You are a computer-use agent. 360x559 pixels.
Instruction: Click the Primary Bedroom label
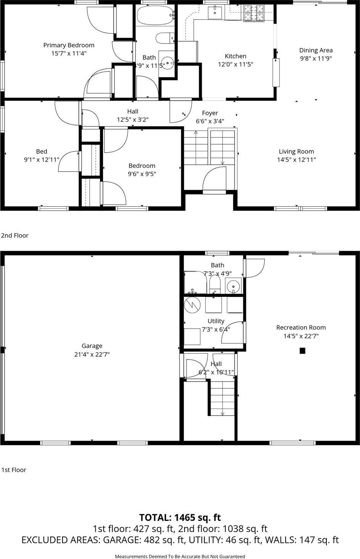(69, 45)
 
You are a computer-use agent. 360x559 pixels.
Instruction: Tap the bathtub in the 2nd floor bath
(155, 15)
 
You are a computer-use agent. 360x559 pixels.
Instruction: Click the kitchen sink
(215, 13)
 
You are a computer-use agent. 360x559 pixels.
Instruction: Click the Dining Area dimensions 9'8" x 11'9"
(316, 58)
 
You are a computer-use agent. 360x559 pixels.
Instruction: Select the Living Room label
(296, 151)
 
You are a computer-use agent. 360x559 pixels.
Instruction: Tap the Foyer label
(210, 113)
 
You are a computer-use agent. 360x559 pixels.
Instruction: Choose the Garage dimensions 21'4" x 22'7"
(92, 354)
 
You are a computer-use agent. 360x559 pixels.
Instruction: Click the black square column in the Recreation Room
(302, 351)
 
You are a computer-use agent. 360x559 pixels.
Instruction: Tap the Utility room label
(216, 321)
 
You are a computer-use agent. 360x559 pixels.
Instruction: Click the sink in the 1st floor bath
(233, 286)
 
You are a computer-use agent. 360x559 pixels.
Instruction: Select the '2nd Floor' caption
(15, 235)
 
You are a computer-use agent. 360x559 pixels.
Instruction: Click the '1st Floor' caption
(14, 470)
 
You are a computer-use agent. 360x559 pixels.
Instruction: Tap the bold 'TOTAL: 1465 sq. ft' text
(180, 517)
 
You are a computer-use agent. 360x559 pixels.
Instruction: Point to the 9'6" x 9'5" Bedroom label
(142, 166)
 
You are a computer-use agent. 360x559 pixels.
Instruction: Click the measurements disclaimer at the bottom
(180, 556)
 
